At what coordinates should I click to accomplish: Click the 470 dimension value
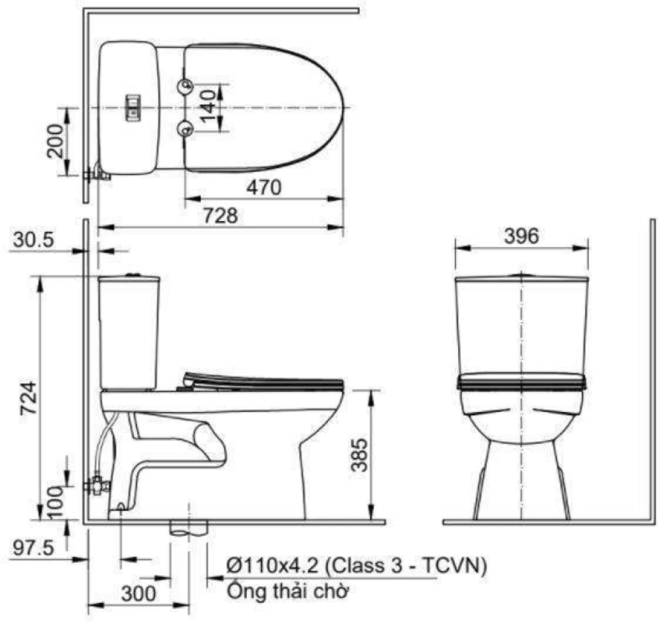point(264,188)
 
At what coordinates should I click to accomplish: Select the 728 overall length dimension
point(221,216)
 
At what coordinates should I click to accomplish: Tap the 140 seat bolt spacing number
point(209,107)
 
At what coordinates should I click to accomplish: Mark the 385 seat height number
point(360,455)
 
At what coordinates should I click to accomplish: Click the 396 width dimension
point(521,236)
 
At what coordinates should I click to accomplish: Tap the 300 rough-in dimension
point(139,594)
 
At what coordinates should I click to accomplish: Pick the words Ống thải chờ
point(287,591)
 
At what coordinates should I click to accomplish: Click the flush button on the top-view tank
point(132,106)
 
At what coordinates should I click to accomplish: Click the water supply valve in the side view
point(98,485)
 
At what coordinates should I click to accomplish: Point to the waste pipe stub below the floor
point(189,528)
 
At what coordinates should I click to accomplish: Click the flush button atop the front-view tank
point(522,274)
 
